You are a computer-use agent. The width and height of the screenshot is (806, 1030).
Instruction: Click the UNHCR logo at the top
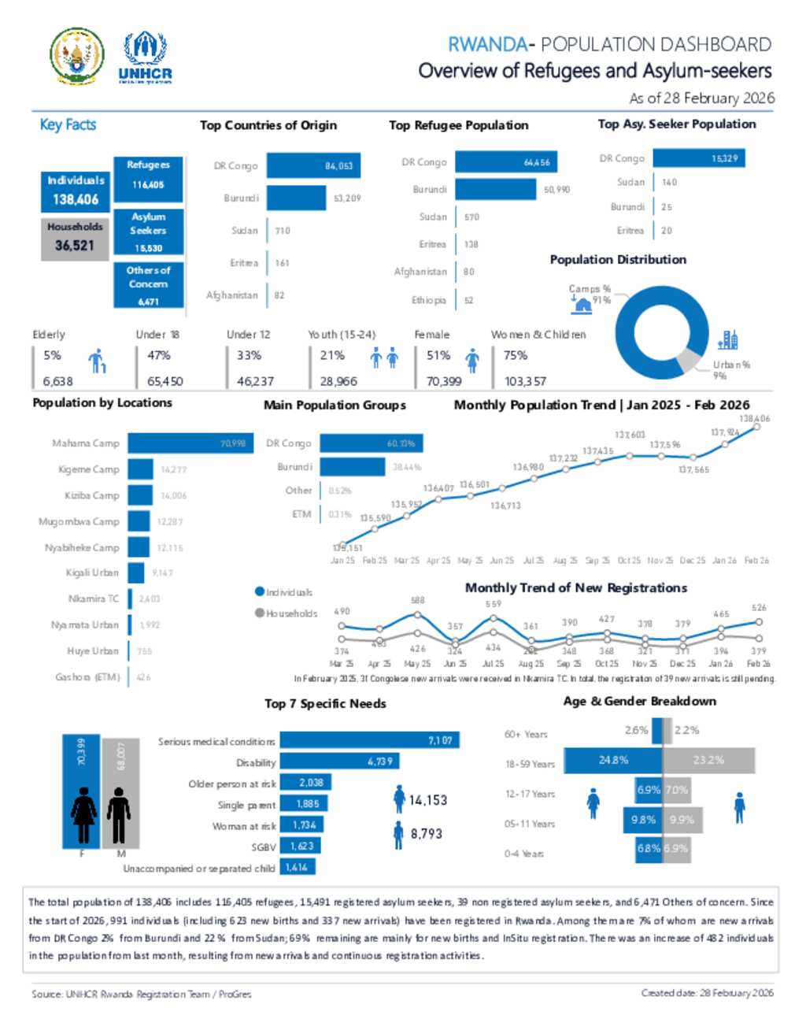click(x=145, y=57)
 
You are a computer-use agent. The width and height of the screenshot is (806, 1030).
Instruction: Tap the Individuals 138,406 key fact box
click(x=76, y=191)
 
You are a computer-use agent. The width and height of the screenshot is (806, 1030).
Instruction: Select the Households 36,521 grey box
click(x=75, y=237)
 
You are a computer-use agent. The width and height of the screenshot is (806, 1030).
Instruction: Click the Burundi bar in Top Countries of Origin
click(x=296, y=198)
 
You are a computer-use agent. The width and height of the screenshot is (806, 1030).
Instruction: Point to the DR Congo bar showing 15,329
click(x=702, y=158)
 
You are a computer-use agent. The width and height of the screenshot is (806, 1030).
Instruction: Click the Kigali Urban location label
click(x=92, y=572)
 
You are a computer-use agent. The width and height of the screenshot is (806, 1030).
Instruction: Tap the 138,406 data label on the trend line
click(x=754, y=419)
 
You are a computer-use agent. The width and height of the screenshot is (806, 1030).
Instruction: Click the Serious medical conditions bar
click(x=369, y=740)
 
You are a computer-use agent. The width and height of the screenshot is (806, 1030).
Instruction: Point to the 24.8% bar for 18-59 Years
click(x=613, y=760)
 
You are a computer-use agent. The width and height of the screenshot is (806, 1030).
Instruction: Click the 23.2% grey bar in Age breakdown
click(x=708, y=760)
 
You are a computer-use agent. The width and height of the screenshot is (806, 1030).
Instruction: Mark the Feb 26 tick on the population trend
click(x=756, y=561)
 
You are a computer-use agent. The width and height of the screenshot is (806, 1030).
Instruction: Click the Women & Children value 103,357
click(x=525, y=381)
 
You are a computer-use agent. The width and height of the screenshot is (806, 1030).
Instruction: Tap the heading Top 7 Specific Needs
click(x=325, y=703)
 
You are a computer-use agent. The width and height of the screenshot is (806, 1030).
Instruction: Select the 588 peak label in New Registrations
click(x=417, y=600)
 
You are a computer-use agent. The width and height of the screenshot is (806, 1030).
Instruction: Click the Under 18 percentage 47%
click(x=159, y=355)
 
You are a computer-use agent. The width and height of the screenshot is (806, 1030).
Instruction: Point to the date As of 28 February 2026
click(x=701, y=98)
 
